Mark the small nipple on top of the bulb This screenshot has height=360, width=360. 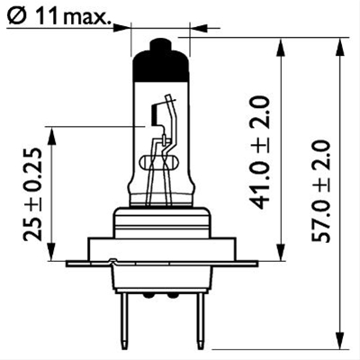click(x=159, y=45)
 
